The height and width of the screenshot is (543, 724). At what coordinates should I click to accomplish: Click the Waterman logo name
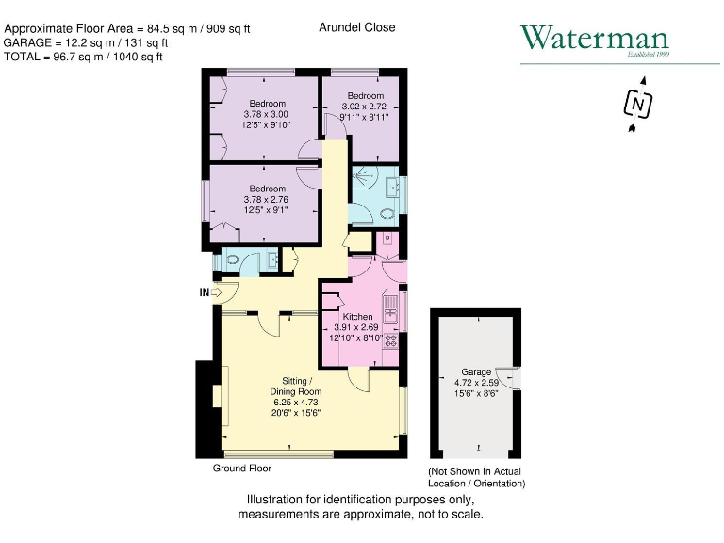pos(595,39)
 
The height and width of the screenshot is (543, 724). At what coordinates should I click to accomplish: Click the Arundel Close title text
pos(357,27)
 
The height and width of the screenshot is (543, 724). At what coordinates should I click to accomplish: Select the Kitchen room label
pos(357,317)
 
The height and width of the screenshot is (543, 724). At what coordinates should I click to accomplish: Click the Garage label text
pos(476,372)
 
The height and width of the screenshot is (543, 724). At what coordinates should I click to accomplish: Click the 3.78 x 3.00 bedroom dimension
pos(267,114)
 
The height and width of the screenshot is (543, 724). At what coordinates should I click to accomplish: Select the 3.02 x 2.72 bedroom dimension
pos(365,107)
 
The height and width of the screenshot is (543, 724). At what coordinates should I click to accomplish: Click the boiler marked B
pos(387,239)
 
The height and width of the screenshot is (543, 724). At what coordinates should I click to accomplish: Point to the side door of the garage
pos(510,375)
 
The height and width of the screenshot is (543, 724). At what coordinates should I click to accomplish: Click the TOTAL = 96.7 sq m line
pos(84,57)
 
